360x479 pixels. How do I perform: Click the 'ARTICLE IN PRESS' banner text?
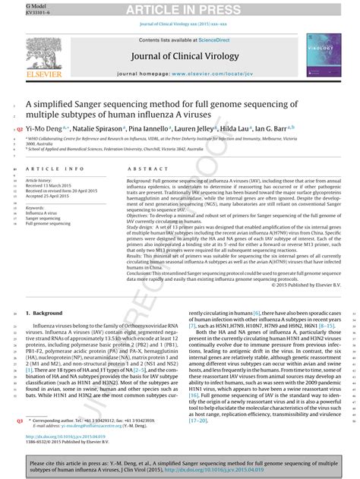pos(179,9)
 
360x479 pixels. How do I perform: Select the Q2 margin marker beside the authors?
pos(20,131)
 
